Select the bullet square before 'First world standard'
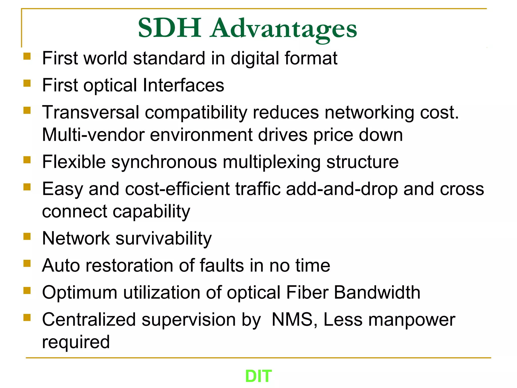[27, 56]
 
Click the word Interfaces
[183, 85]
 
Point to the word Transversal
[91, 112]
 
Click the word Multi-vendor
[93, 135]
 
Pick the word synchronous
[164, 162]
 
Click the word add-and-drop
[342, 189]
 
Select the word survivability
[164, 239]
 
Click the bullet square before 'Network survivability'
[27, 236]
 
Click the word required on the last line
[76, 342]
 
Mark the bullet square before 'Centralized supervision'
[27, 318]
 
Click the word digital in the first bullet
[255, 59]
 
